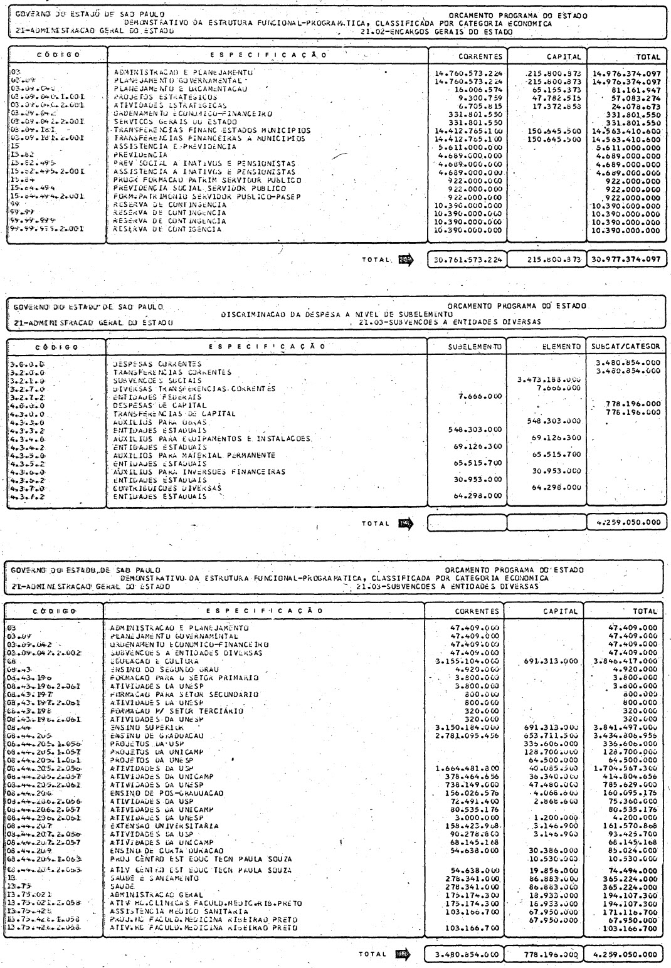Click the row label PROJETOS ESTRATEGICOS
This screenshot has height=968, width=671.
(x=165, y=98)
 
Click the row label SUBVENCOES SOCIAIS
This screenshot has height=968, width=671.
(x=157, y=380)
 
